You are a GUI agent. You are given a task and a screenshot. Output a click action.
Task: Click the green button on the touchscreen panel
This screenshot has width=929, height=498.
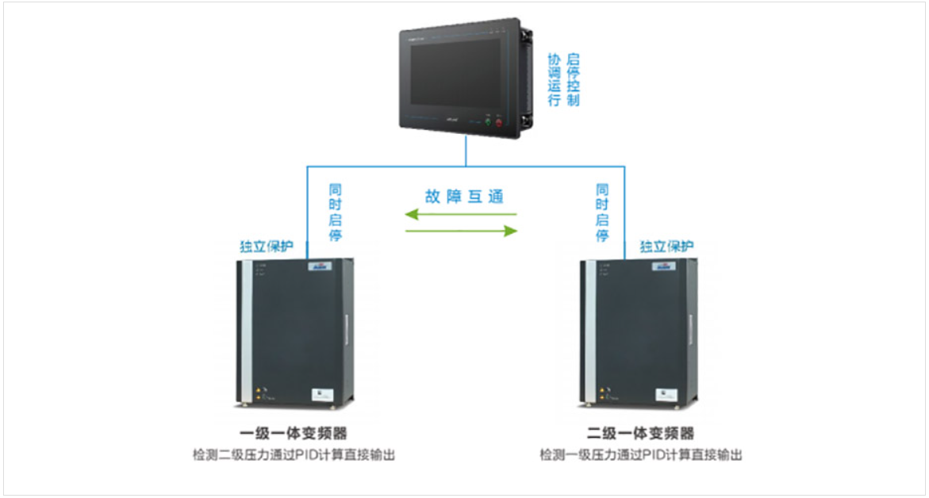coord(487,123)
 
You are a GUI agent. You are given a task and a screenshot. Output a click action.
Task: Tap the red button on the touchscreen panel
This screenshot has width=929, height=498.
coord(498,123)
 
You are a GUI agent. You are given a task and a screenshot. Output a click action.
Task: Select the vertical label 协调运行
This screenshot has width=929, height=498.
coord(555,80)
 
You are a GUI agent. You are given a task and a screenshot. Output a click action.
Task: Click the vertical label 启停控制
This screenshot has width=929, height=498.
coord(574,80)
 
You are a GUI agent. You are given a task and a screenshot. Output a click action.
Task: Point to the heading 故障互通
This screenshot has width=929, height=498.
coord(463,197)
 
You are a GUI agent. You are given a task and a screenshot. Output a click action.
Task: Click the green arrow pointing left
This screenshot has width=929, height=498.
coord(459,214)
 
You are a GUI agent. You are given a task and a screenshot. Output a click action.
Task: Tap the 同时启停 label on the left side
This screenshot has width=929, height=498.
coord(335,213)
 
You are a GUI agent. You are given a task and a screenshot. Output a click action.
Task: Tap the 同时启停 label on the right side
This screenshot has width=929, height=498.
coord(602,213)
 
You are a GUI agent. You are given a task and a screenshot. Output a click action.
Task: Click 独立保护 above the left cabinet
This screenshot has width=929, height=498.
coord(267,247)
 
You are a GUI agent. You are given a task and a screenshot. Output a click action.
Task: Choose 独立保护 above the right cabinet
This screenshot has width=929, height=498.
coord(666,247)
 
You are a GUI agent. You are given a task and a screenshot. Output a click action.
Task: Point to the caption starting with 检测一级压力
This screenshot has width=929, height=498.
coord(641,455)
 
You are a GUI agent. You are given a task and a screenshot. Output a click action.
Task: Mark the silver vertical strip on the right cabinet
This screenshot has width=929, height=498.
coord(588,333)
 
